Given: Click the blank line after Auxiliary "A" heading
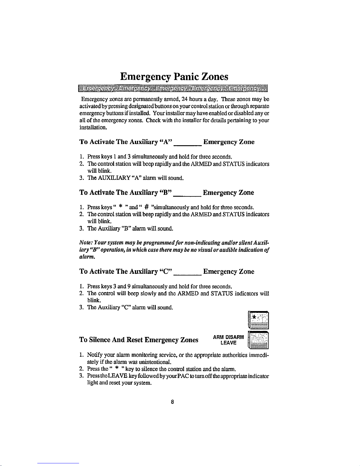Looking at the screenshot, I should click(x=188, y=145).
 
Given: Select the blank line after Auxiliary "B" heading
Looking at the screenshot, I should click(x=187, y=196).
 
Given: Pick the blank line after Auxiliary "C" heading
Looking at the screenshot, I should click(x=187, y=274).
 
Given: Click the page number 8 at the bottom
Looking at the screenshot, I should click(x=173, y=402).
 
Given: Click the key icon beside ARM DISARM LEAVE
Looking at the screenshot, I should click(x=259, y=340).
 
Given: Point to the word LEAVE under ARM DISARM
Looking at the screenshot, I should click(x=228, y=343).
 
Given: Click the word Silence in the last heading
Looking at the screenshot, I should click(x=102, y=340).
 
